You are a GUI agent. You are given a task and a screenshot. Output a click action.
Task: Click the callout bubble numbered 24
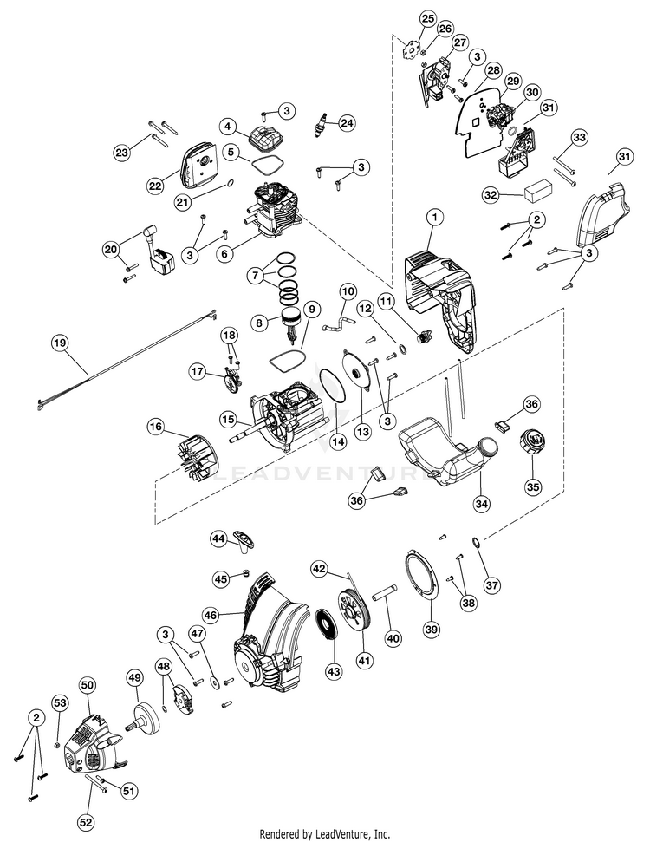[348, 123]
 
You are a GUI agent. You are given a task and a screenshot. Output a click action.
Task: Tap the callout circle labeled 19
[60, 343]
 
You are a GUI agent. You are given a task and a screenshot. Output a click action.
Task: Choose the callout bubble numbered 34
[482, 504]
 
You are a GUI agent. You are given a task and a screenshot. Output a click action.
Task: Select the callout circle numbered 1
[435, 218]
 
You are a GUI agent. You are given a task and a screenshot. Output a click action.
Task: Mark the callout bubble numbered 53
[60, 702]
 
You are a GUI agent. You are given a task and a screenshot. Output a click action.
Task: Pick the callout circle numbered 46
[211, 615]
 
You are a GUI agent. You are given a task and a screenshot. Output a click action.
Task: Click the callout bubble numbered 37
[492, 584]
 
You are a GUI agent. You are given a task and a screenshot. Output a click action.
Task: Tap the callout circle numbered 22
[155, 186]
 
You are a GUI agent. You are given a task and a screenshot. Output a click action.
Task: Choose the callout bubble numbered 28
[493, 70]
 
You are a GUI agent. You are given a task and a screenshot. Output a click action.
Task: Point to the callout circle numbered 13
[363, 431]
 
